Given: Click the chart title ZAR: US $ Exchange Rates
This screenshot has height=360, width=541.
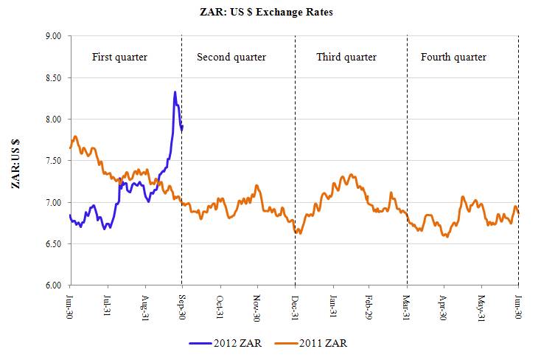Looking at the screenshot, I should pyautogui.click(x=270, y=13).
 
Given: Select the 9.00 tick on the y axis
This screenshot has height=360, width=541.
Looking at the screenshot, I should pyautogui.click(x=53, y=35).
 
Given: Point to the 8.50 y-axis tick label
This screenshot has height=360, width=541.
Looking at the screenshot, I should pyautogui.click(x=53, y=77).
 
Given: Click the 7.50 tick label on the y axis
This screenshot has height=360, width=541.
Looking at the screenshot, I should pyautogui.click(x=53, y=161).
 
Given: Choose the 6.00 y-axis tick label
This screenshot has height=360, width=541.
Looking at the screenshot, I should pyautogui.click(x=53, y=285).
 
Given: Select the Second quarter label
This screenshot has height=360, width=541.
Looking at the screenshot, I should pyautogui.click(x=231, y=57).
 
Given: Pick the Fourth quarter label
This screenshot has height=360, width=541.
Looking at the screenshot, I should pyautogui.click(x=453, y=57).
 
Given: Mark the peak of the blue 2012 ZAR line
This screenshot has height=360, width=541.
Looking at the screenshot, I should pyautogui.click(x=175, y=92).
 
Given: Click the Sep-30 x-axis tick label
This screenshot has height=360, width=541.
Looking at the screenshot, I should pyautogui.click(x=182, y=305).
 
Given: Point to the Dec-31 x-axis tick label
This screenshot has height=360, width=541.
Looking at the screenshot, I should pyautogui.click(x=295, y=305).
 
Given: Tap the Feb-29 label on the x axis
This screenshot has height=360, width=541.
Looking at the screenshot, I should pyautogui.click(x=369, y=305).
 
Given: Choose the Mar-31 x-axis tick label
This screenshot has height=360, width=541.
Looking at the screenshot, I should pyautogui.click(x=407, y=305).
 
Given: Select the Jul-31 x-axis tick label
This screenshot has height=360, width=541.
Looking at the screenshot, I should pyautogui.click(x=108, y=305).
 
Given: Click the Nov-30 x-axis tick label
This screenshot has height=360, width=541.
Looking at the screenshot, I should pyautogui.click(x=257, y=305).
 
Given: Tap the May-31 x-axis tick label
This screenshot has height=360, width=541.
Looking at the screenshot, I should pyautogui.click(x=481, y=305).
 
